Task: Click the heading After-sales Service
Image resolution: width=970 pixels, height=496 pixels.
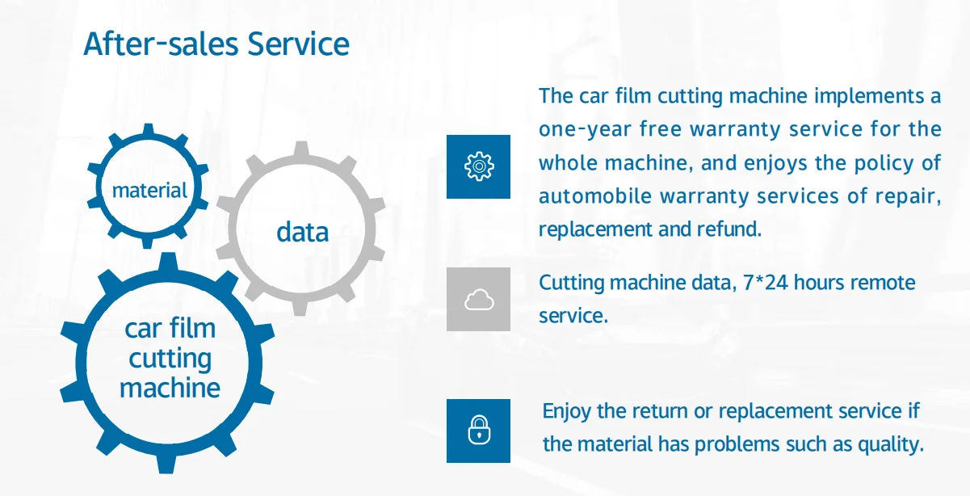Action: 216,44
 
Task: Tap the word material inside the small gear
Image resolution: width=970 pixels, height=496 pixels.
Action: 149,191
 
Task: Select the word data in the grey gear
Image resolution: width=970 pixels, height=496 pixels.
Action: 302,233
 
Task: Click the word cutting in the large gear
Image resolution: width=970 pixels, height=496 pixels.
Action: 170,359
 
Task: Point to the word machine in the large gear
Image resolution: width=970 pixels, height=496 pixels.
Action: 170,388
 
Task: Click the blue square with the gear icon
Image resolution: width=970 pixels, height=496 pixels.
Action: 478,166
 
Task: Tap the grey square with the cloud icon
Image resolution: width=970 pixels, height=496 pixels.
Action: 478,299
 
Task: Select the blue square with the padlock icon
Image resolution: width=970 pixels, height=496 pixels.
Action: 478,431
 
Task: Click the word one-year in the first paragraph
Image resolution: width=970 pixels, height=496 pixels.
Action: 585,129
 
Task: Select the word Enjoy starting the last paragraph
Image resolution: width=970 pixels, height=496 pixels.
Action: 567,411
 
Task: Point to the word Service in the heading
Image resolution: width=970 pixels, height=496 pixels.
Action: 298,44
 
